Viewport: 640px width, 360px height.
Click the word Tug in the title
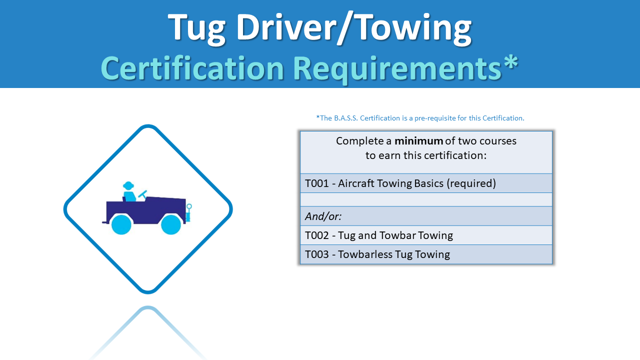[x=196, y=28]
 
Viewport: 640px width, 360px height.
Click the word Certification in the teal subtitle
[x=192, y=68]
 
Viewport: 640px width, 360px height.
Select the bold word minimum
[x=418, y=141]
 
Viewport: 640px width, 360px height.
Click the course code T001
[x=317, y=183]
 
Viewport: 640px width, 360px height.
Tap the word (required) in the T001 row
[x=471, y=183]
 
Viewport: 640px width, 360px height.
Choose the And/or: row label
[x=323, y=216]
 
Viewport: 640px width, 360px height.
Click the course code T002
[x=317, y=235]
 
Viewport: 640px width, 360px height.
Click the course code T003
[x=317, y=254]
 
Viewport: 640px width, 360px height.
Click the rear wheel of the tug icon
[x=121, y=224]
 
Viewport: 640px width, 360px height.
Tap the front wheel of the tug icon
[x=171, y=224]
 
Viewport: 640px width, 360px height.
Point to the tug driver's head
[x=128, y=185]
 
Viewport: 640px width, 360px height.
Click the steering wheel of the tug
[x=142, y=194]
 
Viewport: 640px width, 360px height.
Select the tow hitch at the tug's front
[x=188, y=213]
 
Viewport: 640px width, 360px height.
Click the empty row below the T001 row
[x=426, y=199]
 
